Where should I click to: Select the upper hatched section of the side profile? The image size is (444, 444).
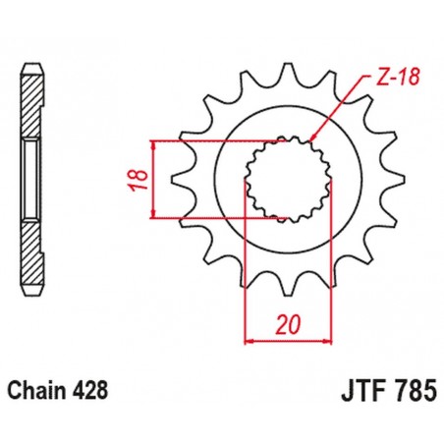[x=33, y=103]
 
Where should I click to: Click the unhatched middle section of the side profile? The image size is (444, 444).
[x=33, y=180]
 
